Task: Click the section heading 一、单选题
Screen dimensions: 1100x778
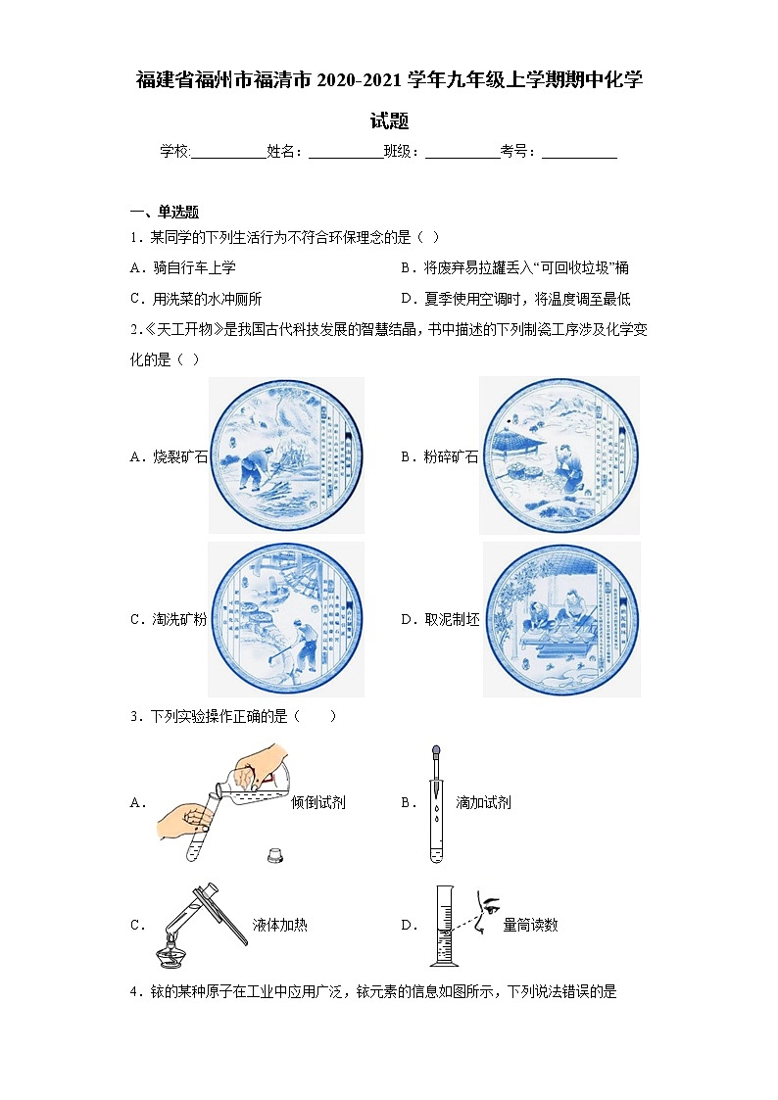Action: [165, 212]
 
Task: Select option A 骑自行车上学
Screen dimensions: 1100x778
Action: [182, 267]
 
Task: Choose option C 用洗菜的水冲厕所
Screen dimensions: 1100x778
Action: [195, 300]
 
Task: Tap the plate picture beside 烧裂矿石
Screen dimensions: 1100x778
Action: [285, 455]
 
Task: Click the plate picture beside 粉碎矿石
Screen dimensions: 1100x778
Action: [559, 455]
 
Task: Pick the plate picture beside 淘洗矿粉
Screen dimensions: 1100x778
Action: [285, 619]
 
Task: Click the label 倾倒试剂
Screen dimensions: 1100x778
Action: [318, 802]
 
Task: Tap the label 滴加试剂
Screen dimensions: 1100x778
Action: [483, 802]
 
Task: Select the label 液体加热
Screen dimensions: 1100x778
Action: [279, 924]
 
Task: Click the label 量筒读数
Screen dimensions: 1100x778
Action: [530, 924]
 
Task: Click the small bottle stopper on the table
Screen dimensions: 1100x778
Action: [275, 855]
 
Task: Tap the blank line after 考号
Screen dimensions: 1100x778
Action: [579, 152]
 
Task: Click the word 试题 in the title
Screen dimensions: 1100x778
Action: [389, 121]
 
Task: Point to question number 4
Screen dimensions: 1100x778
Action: [135, 992]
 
